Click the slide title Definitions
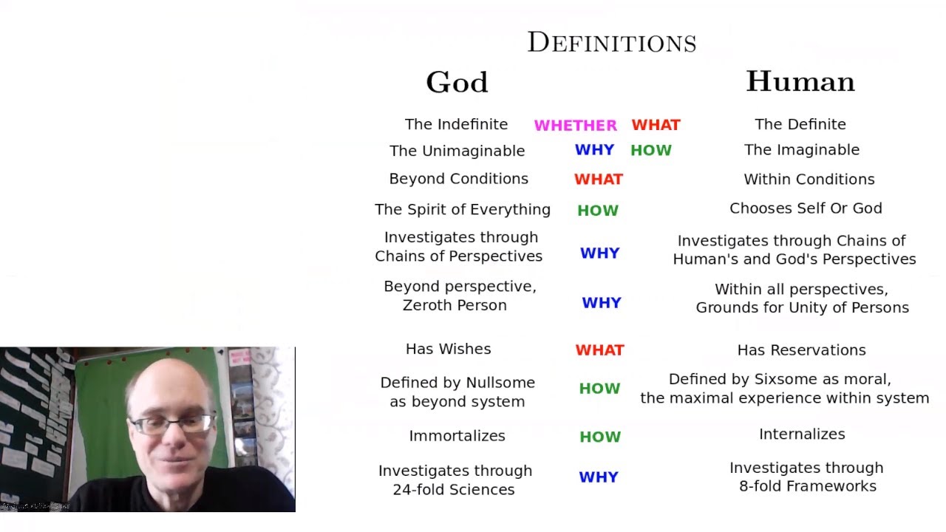coord(612,43)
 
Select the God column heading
coord(457,82)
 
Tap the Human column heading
coord(800,81)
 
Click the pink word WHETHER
coord(575,126)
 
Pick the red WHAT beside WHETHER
coord(656,125)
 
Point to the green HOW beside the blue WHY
coord(651,150)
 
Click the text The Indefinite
coord(456,124)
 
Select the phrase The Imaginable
coord(802,149)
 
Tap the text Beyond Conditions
coord(459,179)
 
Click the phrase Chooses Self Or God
coord(806,208)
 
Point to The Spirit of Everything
coord(463,209)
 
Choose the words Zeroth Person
coord(455,305)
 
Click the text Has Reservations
coord(802,350)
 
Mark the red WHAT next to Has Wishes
coord(599,350)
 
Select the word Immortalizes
coord(457,436)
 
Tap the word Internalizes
coord(802,434)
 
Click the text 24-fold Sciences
coord(454,489)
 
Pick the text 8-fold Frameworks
coord(808,486)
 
